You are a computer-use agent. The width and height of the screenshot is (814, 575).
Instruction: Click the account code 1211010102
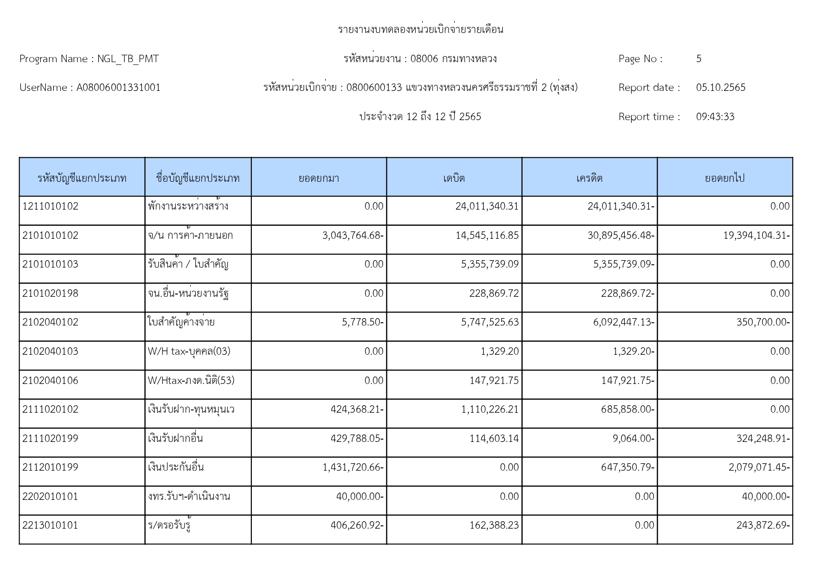[x=51, y=206]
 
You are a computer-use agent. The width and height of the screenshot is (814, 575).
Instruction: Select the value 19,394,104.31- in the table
[x=756, y=236]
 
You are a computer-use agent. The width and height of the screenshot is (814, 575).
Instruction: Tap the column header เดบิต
[x=454, y=178]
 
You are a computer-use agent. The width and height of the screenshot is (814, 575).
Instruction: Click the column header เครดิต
[x=589, y=178]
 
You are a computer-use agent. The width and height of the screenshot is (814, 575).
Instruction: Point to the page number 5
[x=699, y=59]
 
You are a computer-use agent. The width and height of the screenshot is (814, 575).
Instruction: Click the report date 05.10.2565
[x=720, y=88]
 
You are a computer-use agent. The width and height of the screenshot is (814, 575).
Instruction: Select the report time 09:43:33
[x=715, y=117]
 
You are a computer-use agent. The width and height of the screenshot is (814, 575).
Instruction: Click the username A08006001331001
[x=118, y=88]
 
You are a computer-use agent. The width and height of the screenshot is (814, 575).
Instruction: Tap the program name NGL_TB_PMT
[x=128, y=59]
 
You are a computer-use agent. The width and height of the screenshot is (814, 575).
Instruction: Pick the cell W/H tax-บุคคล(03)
[x=189, y=351]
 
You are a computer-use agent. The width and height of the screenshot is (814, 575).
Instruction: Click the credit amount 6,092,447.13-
[x=623, y=322]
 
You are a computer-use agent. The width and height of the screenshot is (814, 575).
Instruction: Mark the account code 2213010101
[x=51, y=525]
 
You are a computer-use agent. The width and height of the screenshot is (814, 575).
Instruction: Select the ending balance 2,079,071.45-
[x=759, y=467]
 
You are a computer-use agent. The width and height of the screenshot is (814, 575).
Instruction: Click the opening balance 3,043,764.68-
[x=353, y=236]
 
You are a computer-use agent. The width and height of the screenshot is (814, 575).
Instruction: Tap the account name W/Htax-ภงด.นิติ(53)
[x=191, y=381]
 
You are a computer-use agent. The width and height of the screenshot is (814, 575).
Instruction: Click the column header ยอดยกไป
[x=724, y=178]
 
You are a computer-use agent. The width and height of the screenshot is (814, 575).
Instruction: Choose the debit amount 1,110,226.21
[x=490, y=409]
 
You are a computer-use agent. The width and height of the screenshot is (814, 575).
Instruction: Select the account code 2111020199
[x=51, y=439]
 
